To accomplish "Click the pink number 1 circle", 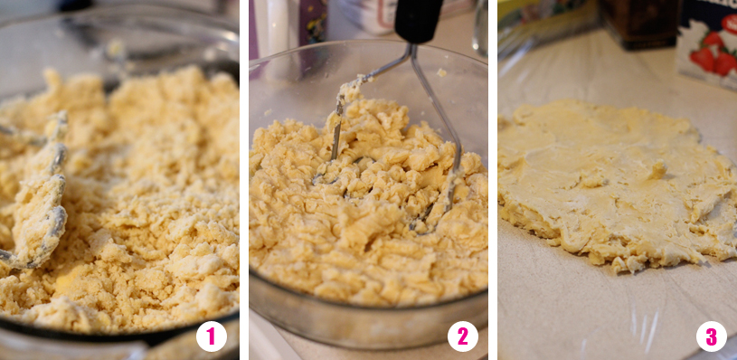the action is pos(212,336).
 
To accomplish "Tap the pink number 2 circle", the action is pos(463,336).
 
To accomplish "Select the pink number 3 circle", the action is pos(712,336).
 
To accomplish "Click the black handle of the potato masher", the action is pos(418,21).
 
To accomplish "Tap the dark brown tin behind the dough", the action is pos(638,24).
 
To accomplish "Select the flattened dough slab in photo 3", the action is pos(616,184).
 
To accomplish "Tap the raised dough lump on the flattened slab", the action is pos(657,170).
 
